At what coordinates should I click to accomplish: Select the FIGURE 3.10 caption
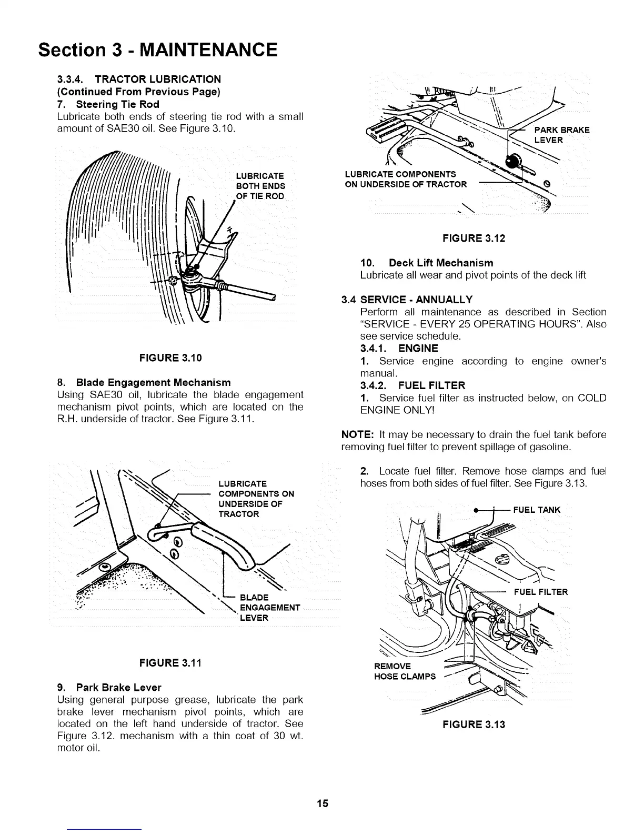pos(170,358)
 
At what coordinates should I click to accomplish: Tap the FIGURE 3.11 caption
pos(170,662)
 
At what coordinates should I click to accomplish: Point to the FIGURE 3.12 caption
pos(474,239)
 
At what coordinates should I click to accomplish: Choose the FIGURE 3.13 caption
pos(474,724)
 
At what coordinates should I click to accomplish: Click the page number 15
pos(322,803)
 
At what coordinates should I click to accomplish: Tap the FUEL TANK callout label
pos(537,510)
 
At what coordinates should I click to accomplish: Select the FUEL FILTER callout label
pos(541,592)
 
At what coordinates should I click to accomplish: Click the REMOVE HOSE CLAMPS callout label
pos(405,671)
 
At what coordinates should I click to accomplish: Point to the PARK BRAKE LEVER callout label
pos(561,135)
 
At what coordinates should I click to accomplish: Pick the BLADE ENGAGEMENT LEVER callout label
pos(269,607)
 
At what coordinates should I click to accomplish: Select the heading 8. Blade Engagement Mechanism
pos(144,382)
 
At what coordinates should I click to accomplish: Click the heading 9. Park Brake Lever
pos(109,687)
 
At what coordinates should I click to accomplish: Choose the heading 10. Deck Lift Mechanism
pos(427,263)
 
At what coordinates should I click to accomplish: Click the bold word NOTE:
pos(358,435)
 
